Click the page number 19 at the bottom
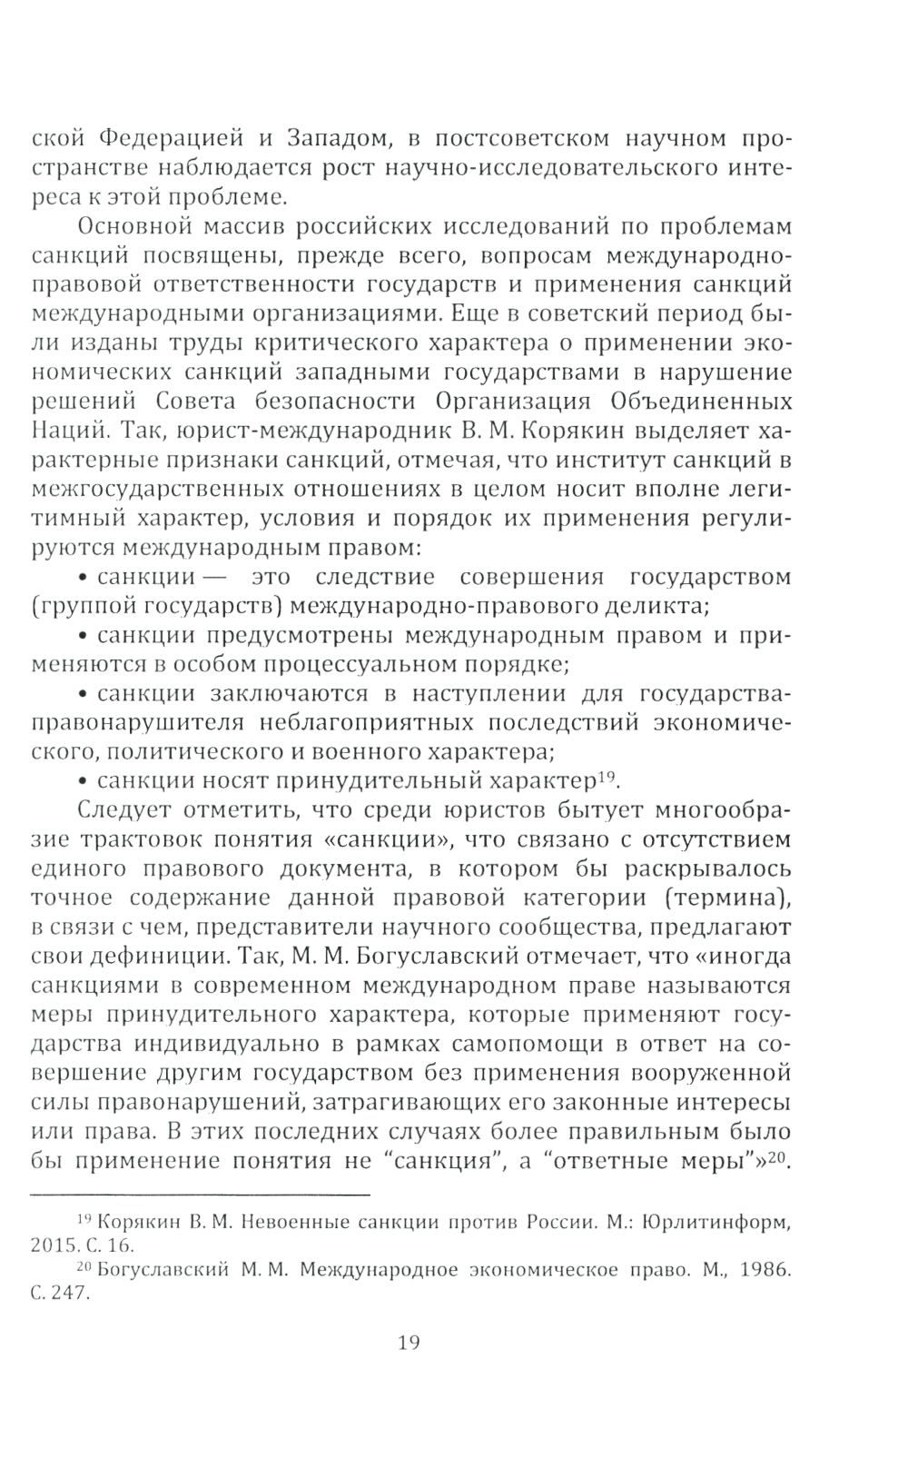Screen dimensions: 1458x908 point(409,1341)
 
